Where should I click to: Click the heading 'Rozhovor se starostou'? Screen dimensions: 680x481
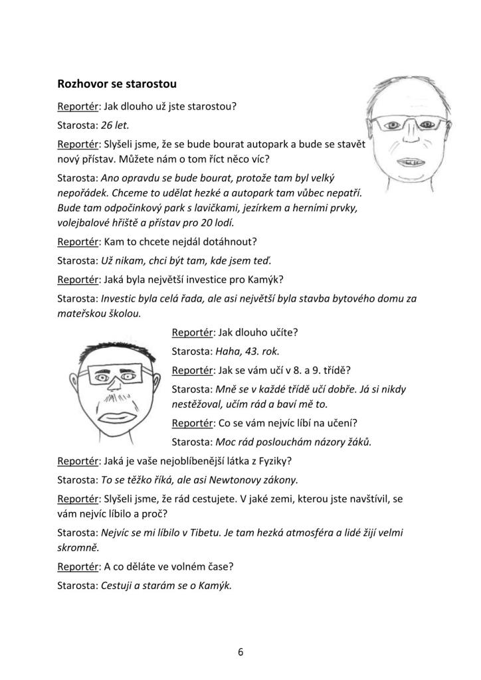click(x=116, y=84)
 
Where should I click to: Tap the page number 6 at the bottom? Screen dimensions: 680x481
click(x=241, y=651)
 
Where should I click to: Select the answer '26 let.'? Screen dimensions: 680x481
click(x=115, y=124)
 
